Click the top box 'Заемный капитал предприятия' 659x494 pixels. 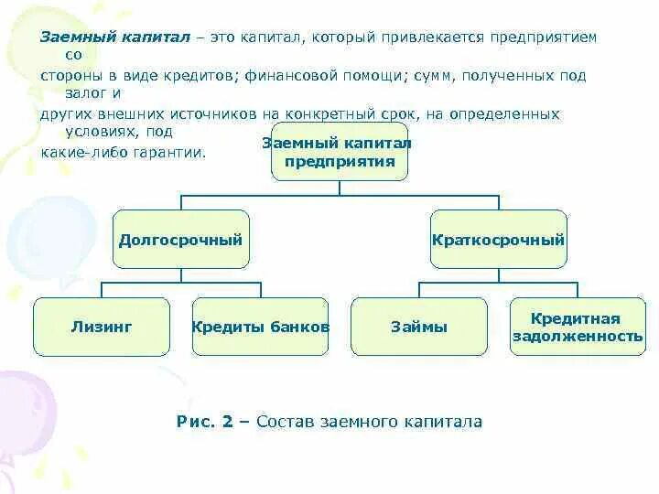pyautogui.click(x=339, y=153)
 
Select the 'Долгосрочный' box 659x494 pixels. pyautogui.click(x=180, y=240)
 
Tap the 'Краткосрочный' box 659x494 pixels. pyautogui.click(x=498, y=240)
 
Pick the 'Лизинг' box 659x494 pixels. pyautogui.click(x=102, y=327)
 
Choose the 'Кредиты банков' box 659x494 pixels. pyautogui.click(x=260, y=327)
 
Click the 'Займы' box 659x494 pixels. pyautogui.click(x=418, y=327)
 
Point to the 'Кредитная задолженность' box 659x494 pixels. pyautogui.click(x=577, y=327)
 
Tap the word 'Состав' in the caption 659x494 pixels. pyautogui.click(x=284, y=422)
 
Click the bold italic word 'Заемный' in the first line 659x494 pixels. pyautogui.click(x=70, y=38)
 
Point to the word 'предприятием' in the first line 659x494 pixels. pyautogui.click(x=544, y=38)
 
